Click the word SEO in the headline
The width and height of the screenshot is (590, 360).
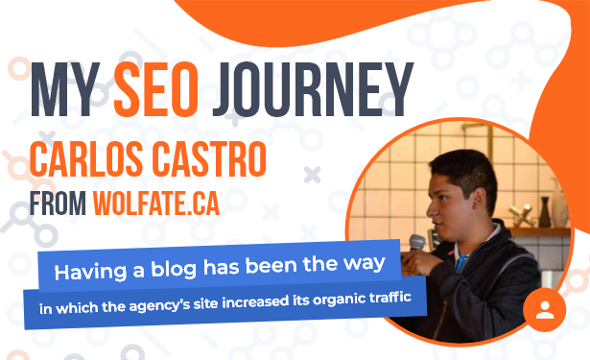(x=155, y=89)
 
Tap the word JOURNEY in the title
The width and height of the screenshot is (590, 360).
(x=313, y=89)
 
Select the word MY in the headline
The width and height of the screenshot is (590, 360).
(x=65, y=89)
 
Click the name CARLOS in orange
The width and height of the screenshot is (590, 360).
(x=86, y=159)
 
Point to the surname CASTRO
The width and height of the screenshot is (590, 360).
(x=211, y=159)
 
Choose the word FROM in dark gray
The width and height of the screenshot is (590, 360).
(x=58, y=204)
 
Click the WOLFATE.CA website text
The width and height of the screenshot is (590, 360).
(x=156, y=204)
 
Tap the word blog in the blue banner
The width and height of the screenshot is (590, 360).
(x=174, y=269)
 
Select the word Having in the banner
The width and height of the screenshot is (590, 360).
(x=90, y=272)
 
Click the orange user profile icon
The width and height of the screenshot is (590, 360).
(x=545, y=310)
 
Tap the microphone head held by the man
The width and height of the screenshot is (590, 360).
(x=417, y=242)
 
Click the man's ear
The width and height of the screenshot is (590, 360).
(x=479, y=197)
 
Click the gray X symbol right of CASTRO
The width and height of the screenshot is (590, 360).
(x=313, y=175)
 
